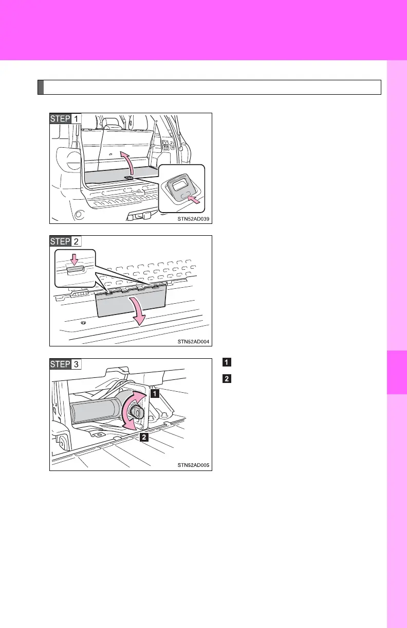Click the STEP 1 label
pos(65,119)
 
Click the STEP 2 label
pos(65,241)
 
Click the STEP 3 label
pos(65,364)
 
